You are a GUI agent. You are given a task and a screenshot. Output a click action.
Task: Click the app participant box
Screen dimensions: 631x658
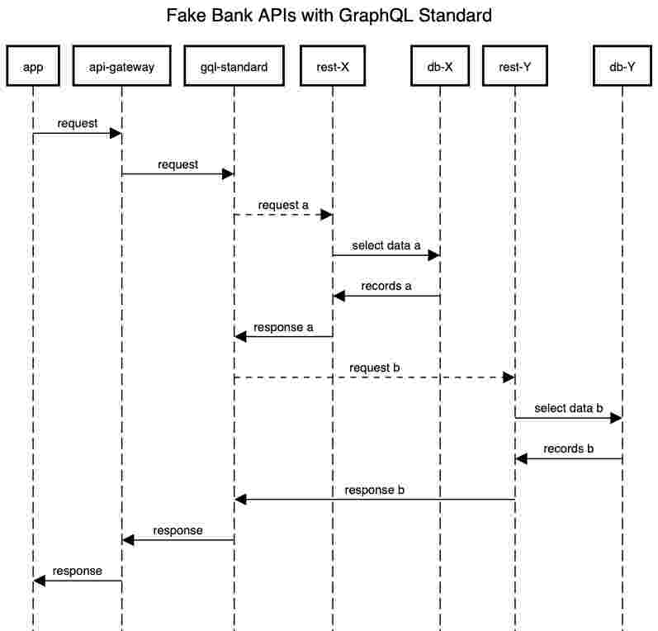[33, 68]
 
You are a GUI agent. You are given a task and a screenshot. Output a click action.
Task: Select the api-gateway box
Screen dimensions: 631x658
[121, 68]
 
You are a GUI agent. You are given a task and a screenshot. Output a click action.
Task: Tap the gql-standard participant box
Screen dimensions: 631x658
[234, 68]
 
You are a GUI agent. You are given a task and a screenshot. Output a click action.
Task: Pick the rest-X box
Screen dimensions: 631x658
[333, 68]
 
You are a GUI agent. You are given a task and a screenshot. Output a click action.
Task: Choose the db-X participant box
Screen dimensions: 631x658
[439, 68]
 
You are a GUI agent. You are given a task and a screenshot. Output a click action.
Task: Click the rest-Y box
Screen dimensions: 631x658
[514, 68]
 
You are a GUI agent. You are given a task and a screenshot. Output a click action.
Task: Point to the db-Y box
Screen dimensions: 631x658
[622, 68]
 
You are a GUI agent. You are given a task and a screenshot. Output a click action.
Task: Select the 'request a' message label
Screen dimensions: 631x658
[283, 205]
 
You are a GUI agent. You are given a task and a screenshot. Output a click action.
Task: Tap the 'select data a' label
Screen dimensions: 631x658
[386, 245]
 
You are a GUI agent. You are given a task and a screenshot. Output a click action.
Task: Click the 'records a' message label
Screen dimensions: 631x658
[386, 286]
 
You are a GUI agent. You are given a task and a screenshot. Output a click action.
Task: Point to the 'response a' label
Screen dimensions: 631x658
[283, 327]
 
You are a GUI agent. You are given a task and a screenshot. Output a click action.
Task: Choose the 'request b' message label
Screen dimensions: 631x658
[375, 367]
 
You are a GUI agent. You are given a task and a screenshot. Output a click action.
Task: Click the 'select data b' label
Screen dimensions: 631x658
[568, 408]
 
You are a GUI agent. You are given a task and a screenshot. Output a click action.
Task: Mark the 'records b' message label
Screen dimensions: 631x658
[568, 448]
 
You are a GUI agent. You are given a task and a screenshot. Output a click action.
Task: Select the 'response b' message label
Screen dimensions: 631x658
[375, 490]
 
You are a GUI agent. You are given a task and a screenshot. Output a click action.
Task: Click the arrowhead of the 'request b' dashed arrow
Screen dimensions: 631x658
[509, 377]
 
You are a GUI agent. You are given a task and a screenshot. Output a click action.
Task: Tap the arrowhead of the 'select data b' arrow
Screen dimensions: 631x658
[616, 418]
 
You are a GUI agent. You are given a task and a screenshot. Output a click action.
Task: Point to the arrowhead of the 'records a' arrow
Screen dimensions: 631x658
[338, 296]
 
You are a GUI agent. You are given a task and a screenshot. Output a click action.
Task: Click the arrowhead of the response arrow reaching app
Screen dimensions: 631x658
[39, 581]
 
